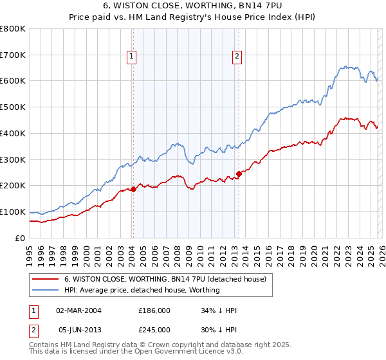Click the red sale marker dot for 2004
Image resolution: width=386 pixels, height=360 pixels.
[x=133, y=189]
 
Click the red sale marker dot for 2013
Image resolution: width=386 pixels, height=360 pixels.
[x=239, y=174]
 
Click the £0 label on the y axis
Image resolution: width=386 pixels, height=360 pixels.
[x=20, y=238]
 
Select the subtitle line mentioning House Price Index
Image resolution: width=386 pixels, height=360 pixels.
[x=193, y=17]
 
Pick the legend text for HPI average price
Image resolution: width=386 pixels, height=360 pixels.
[x=142, y=290]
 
